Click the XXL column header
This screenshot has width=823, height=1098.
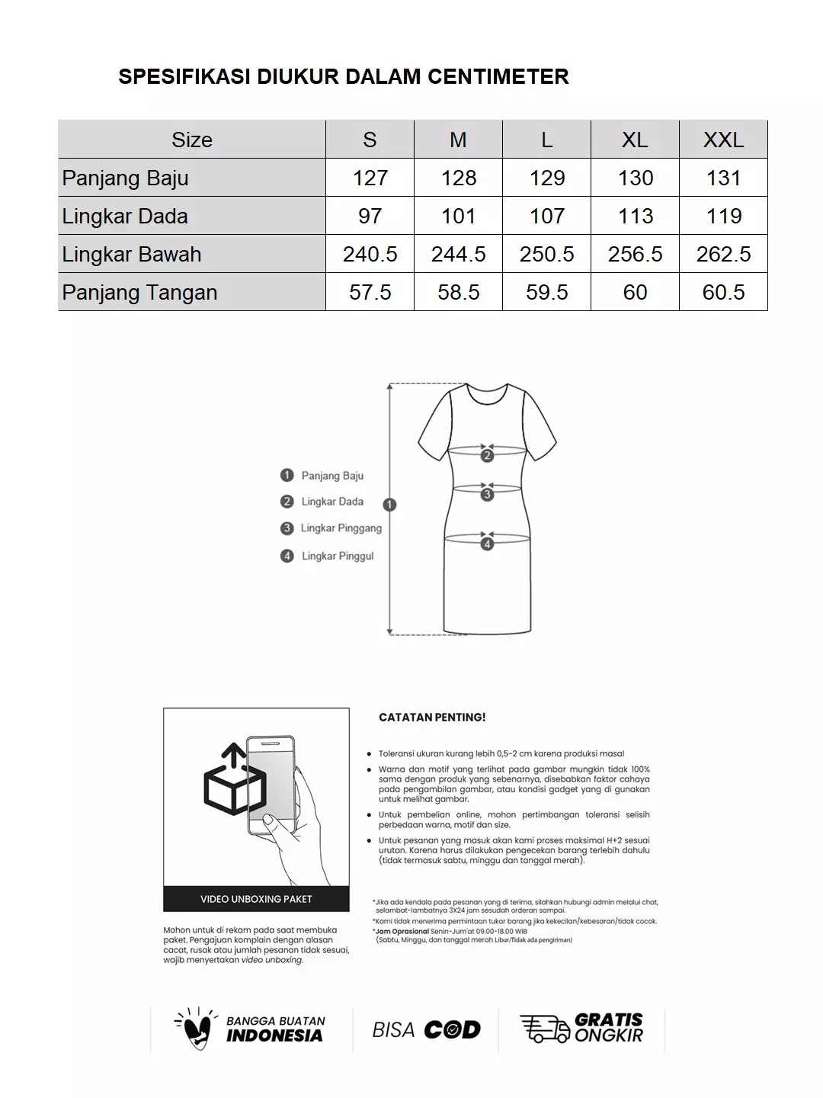pyautogui.click(x=723, y=140)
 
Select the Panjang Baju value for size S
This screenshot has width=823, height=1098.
pyautogui.click(x=370, y=178)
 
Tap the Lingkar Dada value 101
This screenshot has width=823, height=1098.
pyautogui.click(x=458, y=216)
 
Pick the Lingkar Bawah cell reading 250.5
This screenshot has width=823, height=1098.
pyautogui.click(x=546, y=254)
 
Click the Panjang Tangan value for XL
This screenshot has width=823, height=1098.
pyautogui.click(x=635, y=292)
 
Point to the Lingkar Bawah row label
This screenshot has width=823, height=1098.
pyautogui.click(x=132, y=254)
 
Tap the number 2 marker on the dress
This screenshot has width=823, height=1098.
pyautogui.click(x=487, y=456)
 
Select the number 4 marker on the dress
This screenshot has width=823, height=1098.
pyautogui.click(x=487, y=544)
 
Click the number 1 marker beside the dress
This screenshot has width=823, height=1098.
pyautogui.click(x=390, y=504)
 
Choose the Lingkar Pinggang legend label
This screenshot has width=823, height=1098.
pyautogui.click(x=341, y=528)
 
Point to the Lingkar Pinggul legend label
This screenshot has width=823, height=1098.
pyautogui.click(x=338, y=556)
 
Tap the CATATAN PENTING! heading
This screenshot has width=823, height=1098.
pyautogui.click(x=432, y=718)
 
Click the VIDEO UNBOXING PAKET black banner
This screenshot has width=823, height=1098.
pyautogui.click(x=256, y=899)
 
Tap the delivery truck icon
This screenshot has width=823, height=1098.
pyautogui.click(x=544, y=1029)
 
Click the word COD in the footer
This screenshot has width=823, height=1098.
pyautogui.click(x=452, y=1030)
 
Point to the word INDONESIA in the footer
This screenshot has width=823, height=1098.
pyautogui.click(x=274, y=1035)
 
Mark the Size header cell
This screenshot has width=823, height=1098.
pyautogui.click(x=192, y=140)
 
